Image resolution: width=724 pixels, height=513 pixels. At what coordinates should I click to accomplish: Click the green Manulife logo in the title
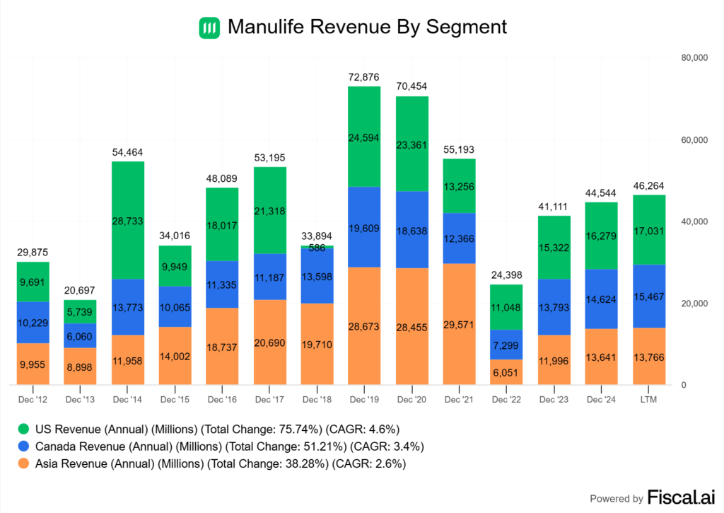pos(209,28)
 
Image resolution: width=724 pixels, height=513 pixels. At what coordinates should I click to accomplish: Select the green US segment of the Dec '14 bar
pos(128,220)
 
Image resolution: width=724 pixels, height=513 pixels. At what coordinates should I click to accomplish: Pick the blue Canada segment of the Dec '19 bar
pos(365,226)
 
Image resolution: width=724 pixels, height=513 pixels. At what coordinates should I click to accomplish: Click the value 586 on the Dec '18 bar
pos(317,248)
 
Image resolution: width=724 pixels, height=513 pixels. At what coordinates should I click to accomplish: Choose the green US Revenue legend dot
pos(24,429)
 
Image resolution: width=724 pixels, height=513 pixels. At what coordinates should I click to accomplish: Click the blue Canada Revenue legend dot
pos(24,446)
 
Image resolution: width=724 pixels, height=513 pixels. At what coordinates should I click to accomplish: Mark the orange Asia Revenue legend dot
pos(24,464)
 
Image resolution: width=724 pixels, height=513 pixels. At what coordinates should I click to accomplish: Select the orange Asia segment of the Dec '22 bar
pos(507,371)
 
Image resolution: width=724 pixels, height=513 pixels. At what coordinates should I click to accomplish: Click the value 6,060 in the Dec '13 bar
pos(81,335)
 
